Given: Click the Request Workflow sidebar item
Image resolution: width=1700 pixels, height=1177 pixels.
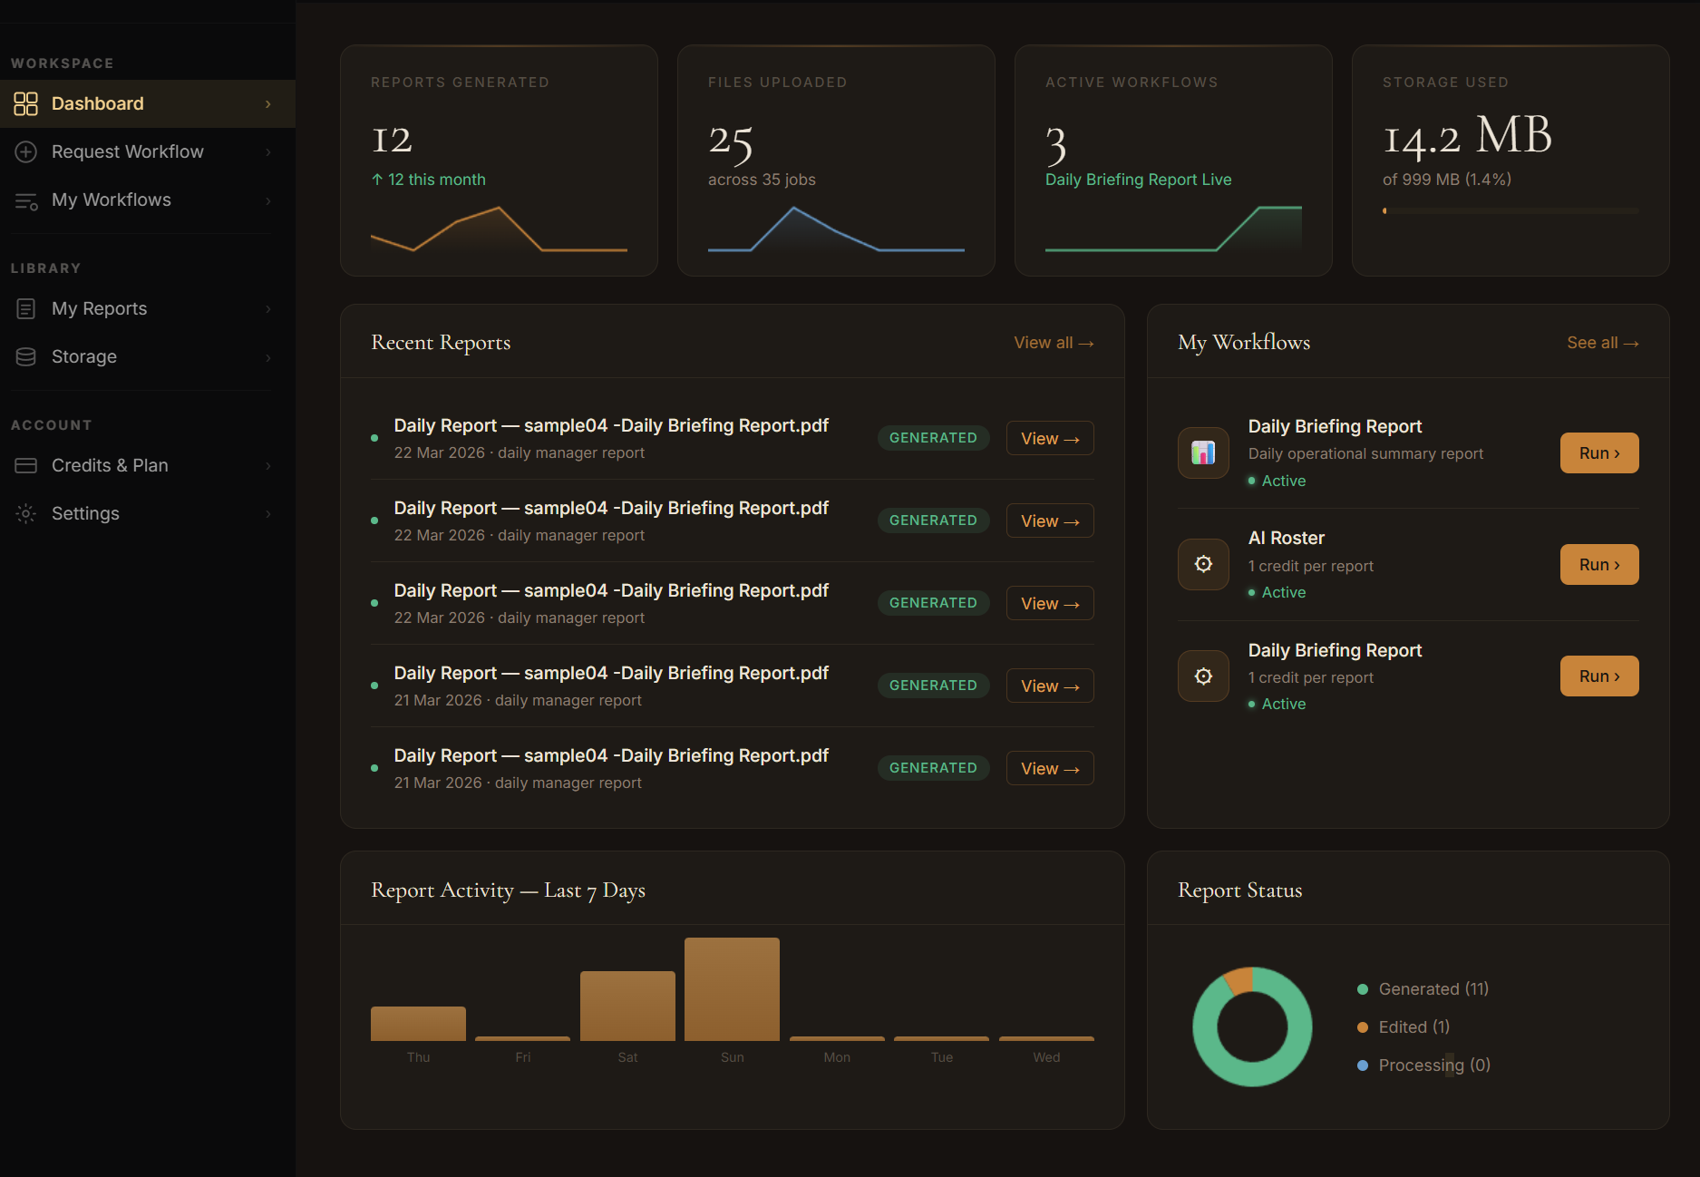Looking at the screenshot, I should coord(127,151).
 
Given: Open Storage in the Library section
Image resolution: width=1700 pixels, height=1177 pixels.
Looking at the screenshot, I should coord(83,356).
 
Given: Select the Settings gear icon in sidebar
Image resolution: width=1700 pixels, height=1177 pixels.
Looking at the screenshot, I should coord(26,513).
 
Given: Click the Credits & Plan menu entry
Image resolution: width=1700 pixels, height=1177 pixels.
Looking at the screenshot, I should coord(109,465).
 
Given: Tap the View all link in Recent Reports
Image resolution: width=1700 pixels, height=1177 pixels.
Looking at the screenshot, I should coord(1053,343).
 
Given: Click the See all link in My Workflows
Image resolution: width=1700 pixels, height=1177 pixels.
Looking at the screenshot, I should coord(1601,343).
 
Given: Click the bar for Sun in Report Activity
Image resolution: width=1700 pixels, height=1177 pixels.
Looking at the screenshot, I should coord(732,989).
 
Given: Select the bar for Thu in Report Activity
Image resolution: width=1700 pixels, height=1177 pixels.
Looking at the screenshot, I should coord(418,1023).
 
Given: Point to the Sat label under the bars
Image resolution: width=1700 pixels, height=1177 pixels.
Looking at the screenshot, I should coord(627,1057).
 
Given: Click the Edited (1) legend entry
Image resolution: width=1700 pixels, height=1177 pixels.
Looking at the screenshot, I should coord(1413,1026).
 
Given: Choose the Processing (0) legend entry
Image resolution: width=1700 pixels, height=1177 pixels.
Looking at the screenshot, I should coord(1433,1065).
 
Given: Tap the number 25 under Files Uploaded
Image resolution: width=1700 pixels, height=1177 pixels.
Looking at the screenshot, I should coord(731,141).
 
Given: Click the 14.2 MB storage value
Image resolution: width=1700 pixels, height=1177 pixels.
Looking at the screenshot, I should coord(1466,137).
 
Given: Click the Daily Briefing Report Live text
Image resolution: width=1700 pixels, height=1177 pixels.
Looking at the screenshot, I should coord(1138,180).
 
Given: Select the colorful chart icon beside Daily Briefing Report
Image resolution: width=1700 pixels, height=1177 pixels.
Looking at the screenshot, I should coord(1203,452).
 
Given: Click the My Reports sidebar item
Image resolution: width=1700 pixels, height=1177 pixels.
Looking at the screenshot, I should coord(99,308).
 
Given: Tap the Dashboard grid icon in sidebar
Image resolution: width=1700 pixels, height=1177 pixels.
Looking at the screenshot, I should coord(26,103).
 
